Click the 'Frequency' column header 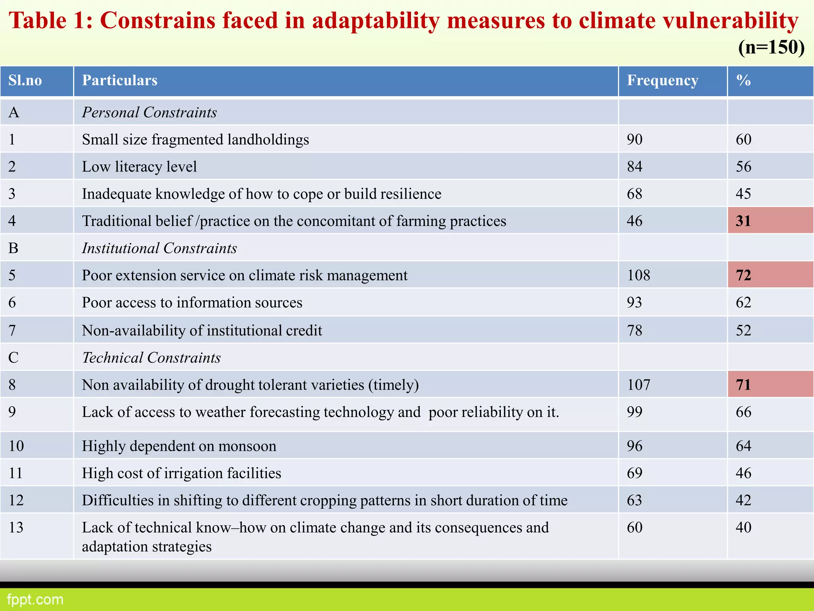[x=662, y=81]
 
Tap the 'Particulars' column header [x=120, y=81]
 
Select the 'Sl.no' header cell [x=25, y=81]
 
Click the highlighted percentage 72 [x=743, y=275]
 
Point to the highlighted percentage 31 [x=743, y=221]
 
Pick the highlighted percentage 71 [x=743, y=385]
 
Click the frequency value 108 [x=638, y=275]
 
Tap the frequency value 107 [x=638, y=385]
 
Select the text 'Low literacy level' [x=139, y=167]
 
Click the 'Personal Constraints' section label [x=149, y=113]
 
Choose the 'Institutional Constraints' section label [x=159, y=248]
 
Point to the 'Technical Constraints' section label [x=151, y=358]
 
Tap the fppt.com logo [x=35, y=599]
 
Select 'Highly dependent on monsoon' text [x=179, y=446]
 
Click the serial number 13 [x=16, y=527]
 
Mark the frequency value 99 [x=634, y=412]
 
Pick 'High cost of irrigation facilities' [x=181, y=473]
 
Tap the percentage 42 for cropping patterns [x=743, y=500]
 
